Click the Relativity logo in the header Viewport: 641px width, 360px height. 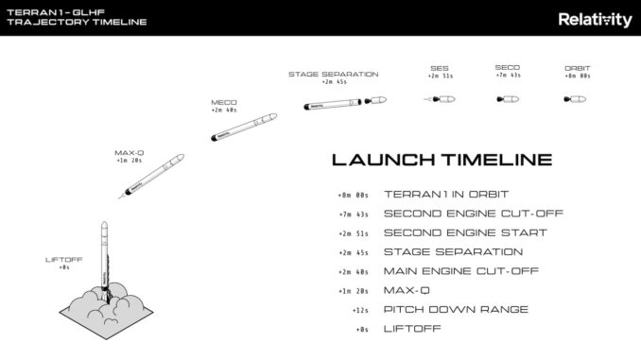(595, 19)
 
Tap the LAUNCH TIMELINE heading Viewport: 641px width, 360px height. (442, 161)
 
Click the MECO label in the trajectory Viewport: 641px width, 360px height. (224, 102)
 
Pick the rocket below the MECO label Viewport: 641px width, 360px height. (242, 127)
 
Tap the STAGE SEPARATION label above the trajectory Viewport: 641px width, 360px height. (333, 74)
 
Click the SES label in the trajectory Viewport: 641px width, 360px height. (440, 68)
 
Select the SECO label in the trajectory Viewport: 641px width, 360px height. (508, 68)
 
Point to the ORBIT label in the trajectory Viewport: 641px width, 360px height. (577, 68)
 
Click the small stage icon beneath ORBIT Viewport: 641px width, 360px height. (576, 98)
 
